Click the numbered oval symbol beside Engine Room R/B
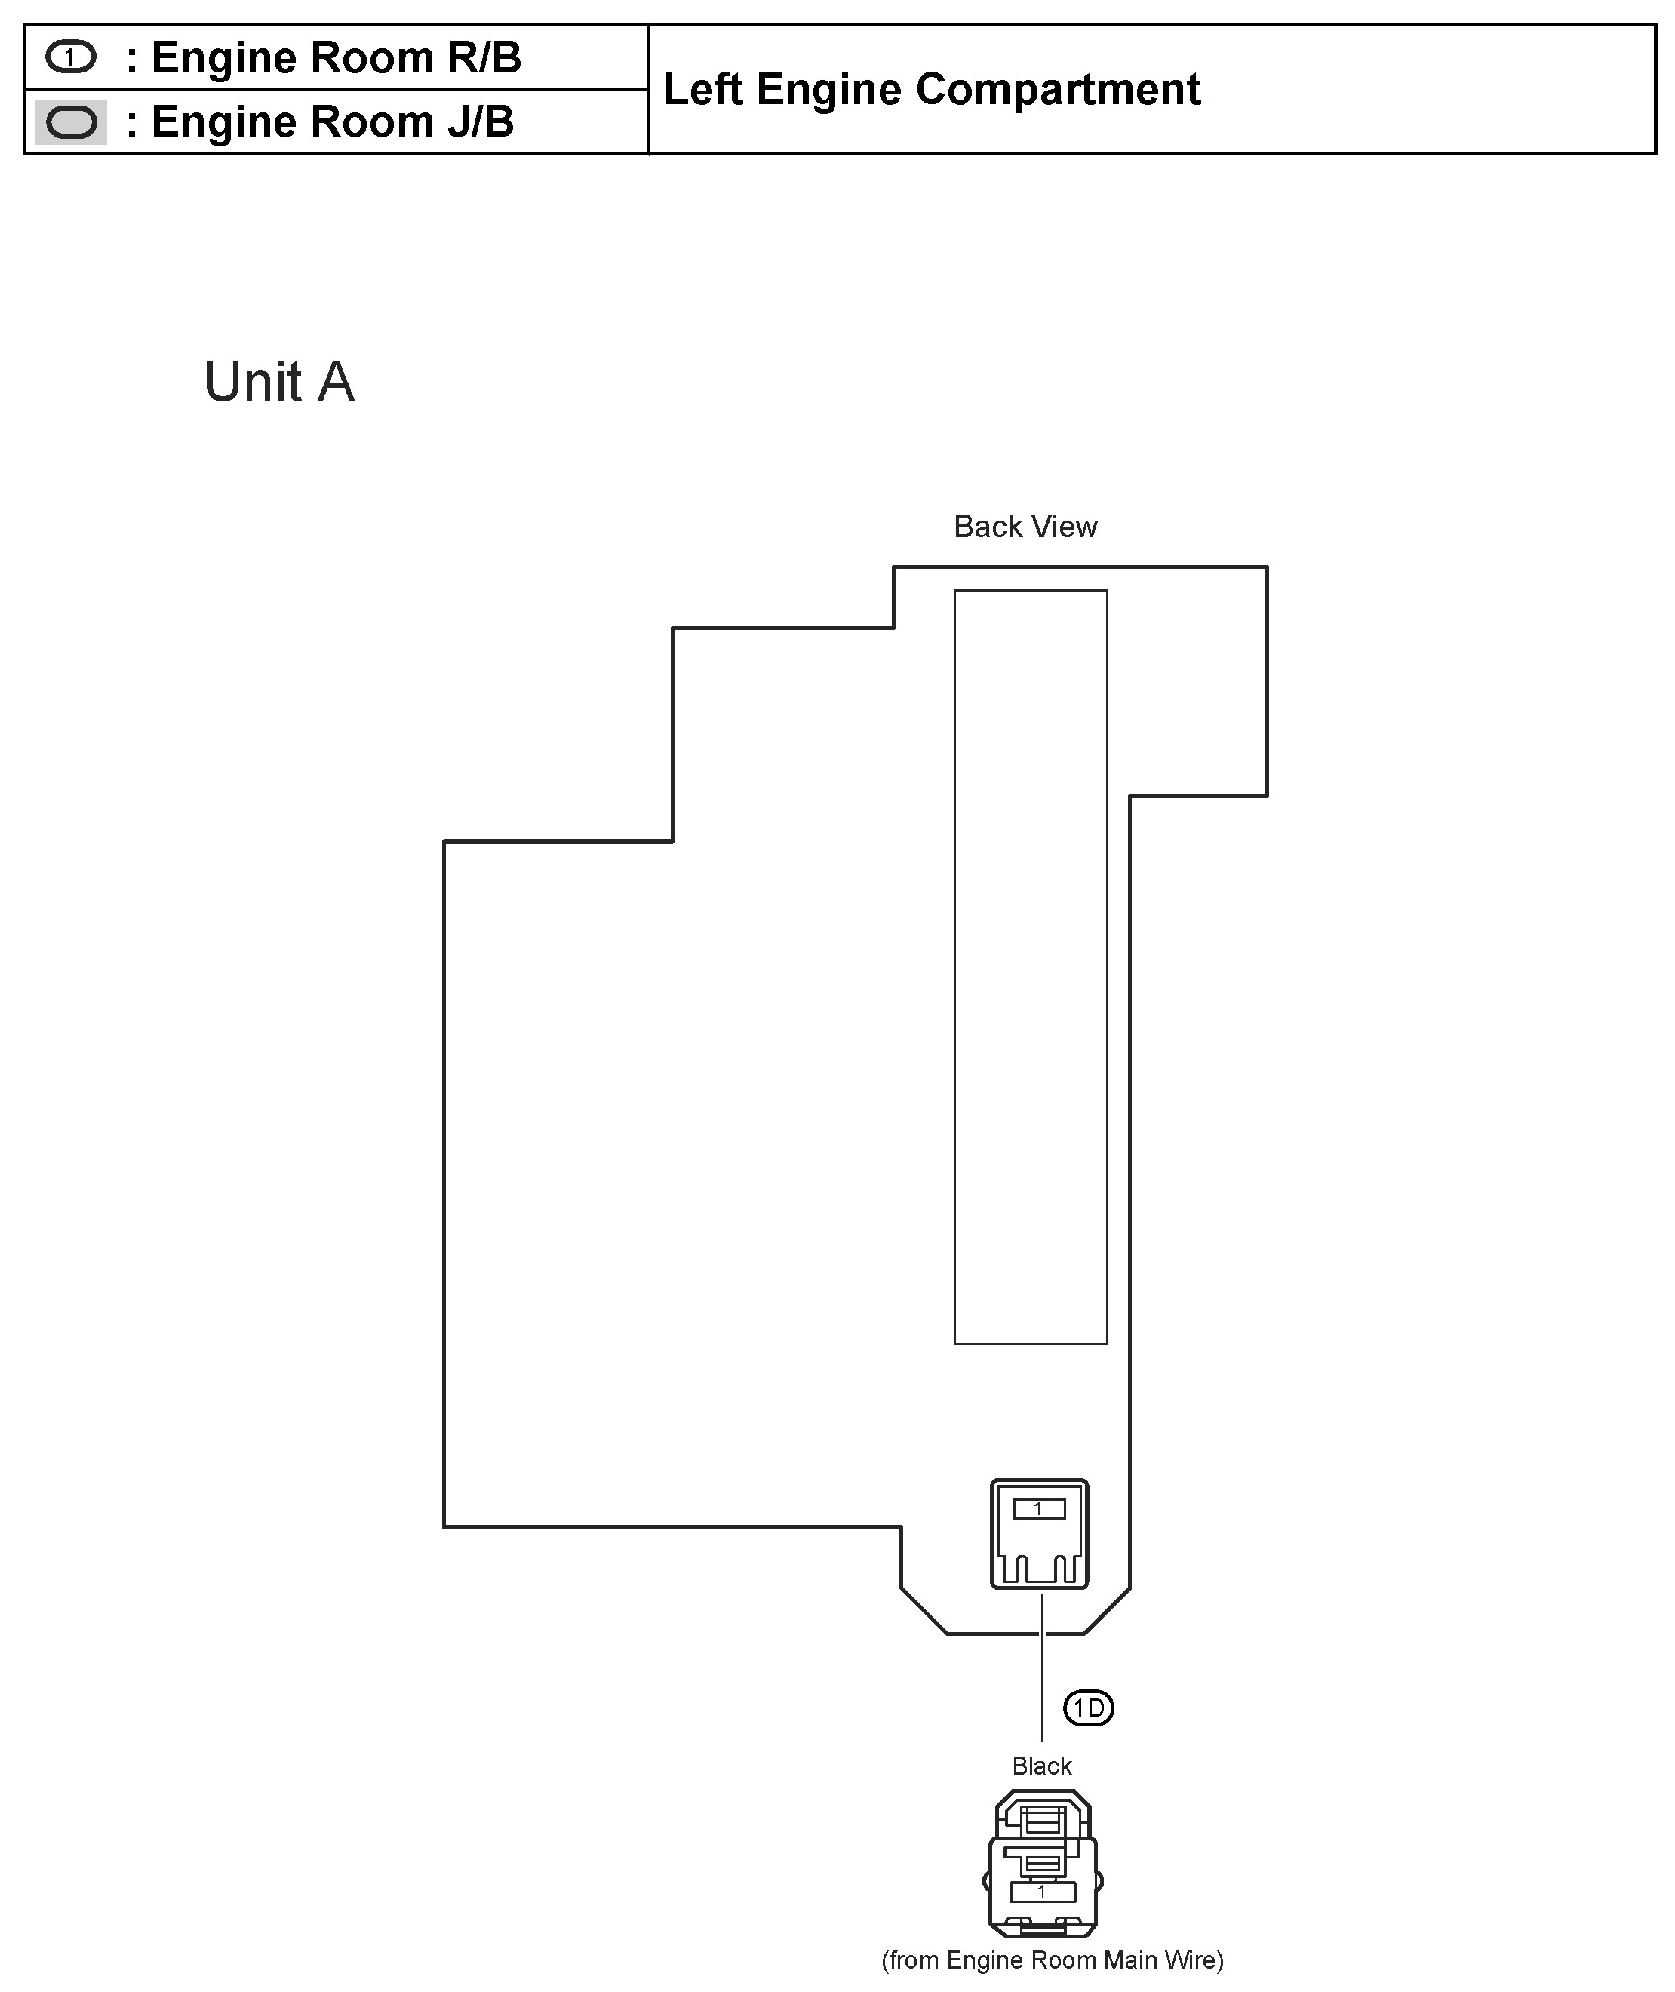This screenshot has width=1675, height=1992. coord(70,58)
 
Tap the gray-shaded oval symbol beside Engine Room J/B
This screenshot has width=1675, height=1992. coord(71,122)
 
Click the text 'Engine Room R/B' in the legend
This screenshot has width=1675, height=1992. coord(337,58)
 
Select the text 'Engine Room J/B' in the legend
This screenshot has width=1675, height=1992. coord(332,122)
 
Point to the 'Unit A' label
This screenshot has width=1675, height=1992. coord(279,382)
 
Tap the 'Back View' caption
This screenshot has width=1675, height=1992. coord(1025,527)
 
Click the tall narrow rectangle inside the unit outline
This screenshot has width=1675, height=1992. coord(1030,967)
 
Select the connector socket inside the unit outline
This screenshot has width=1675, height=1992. coord(1039,1533)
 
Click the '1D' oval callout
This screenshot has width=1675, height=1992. coord(1088,1709)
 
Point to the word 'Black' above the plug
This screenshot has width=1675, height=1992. coord(1042,1766)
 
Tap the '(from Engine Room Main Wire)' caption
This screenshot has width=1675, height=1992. coord(1052,1960)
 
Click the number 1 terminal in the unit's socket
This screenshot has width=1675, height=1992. coord(1039,1508)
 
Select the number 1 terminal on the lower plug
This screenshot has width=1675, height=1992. coord(1042,1892)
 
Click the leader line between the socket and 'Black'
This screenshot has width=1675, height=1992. coord(1042,1671)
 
